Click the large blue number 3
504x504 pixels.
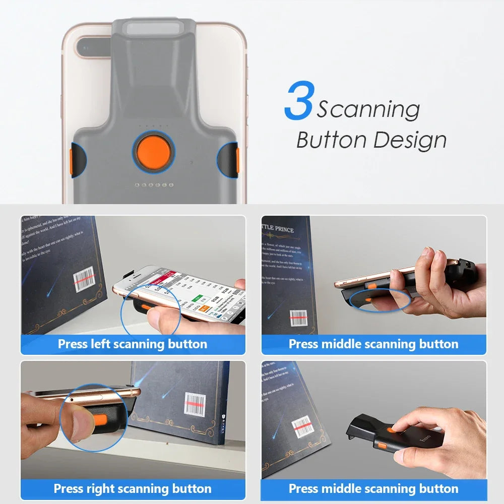point(300,102)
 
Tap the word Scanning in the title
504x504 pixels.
point(368,109)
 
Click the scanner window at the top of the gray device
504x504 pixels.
point(154,28)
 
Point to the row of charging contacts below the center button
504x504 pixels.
point(154,185)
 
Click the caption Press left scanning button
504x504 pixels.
point(133,344)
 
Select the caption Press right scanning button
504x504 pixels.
point(133,488)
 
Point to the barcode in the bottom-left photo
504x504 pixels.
point(195,404)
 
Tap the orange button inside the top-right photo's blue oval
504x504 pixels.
point(370,300)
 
